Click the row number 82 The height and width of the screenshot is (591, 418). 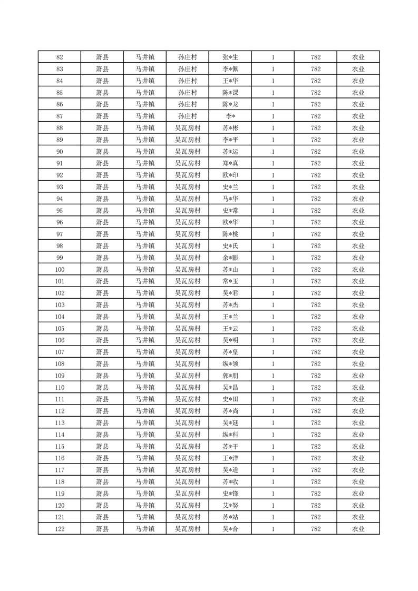point(60,57)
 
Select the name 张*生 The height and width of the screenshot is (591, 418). point(230,57)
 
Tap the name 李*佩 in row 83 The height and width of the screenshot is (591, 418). point(230,69)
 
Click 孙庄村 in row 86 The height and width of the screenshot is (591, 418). point(188,104)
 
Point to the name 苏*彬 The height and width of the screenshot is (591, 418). point(230,128)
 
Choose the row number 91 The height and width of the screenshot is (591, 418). point(60,163)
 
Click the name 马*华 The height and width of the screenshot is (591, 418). point(230,199)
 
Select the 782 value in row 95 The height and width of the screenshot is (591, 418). point(316,211)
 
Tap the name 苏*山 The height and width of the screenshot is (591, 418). point(230,270)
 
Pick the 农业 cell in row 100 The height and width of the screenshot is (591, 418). point(358,270)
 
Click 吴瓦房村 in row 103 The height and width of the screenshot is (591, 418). point(188,305)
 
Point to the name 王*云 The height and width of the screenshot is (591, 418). point(230,329)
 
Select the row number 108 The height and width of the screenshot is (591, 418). point(60,364)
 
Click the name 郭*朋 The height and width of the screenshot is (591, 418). point(230,376)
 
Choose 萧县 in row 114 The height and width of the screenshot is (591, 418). point(102,435)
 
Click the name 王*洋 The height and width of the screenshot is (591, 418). point(230,458)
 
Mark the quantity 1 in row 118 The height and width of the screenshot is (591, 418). point(273,482)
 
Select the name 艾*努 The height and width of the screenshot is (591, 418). point(230,506)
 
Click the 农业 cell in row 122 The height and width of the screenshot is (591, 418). point(358,529)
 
